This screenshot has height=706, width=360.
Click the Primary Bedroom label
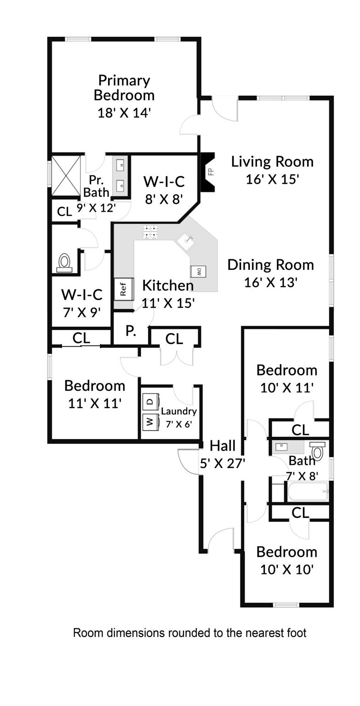124,88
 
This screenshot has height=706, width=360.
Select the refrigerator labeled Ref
124,288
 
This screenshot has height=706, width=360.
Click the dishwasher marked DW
198,271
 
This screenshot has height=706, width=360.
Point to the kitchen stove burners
150,232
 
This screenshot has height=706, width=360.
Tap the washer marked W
150,421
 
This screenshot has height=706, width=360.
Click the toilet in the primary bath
65,263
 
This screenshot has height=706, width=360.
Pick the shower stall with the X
66,176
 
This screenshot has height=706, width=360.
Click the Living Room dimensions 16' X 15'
272,179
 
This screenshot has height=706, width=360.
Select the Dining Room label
271,265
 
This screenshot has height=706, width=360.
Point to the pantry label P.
131,331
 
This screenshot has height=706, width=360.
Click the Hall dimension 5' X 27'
223,464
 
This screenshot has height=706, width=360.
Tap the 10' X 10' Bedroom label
287,561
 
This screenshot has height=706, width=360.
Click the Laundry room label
179,411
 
